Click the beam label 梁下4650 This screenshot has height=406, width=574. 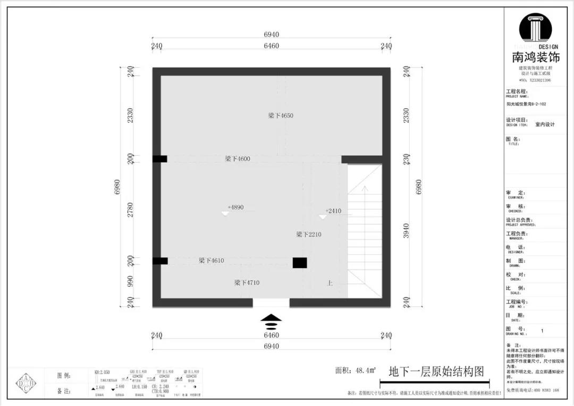coord(281,115)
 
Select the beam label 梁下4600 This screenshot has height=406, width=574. coord(238,158)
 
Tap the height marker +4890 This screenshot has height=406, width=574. coord(235,207)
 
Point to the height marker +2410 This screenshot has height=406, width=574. coord(333,211)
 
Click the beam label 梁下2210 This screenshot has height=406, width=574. coord(308,234)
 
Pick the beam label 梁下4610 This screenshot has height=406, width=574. coord(212,260)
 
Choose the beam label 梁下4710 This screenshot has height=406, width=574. coord(247,283)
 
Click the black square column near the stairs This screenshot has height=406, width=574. coord(300,263)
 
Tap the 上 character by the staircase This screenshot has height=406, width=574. coord(330,284)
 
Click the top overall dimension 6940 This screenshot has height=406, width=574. coord(271,35)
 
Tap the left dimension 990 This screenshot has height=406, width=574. coord(130,281)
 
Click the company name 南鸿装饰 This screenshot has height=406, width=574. coord(535,57)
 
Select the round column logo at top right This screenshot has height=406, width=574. coord(535,29)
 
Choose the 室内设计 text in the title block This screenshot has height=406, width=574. coord(545,124)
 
